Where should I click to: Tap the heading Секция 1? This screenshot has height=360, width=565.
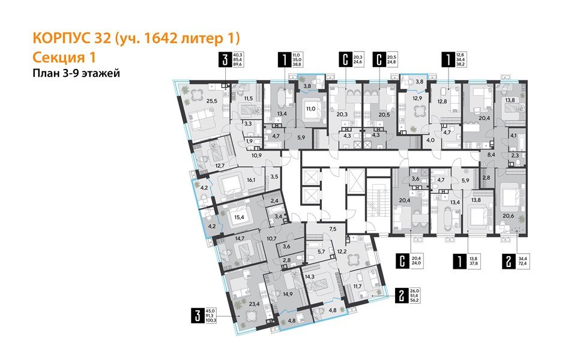[62, 58]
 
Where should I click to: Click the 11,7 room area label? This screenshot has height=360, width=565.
[358, 287]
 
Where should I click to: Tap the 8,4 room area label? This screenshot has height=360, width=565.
[491, 155]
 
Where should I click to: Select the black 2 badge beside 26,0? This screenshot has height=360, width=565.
[400, 295]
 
